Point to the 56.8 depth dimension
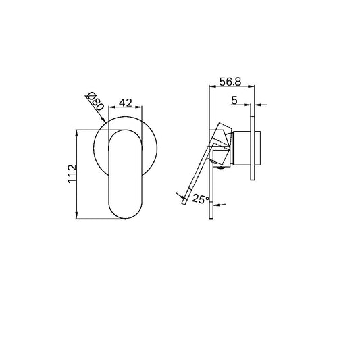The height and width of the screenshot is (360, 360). click(x=231, y=81)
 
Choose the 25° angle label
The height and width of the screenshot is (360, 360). click(x=201, y=199)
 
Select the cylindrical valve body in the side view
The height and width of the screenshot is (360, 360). click(x=241, y=150)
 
